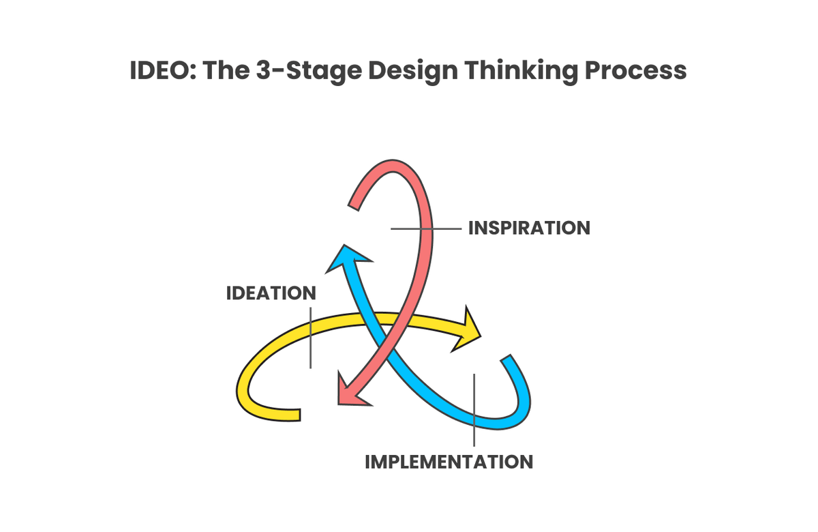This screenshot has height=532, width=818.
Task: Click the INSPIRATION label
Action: [x=529, y=228]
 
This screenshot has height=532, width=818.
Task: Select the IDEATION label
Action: [x=271, y=293]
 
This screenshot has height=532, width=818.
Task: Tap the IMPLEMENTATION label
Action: [x=449, y=461]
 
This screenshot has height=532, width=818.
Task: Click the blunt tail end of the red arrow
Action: [x=354, y=203]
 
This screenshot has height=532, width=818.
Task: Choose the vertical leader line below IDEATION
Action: [x=310, y=338]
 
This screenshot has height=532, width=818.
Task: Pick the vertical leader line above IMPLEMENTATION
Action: [x=474, y=409]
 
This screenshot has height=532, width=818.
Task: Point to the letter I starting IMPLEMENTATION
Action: [x=368, y=461]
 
